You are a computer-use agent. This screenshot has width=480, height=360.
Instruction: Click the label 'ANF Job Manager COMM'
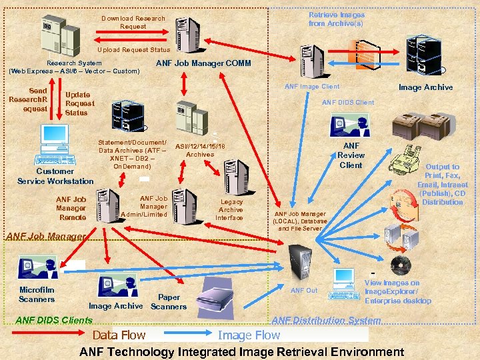click(x=203, y=63)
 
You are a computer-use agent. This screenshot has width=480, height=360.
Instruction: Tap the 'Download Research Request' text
click(x=133, y=22)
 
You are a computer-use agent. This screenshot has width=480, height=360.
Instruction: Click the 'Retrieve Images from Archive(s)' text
click(x=336, y=19)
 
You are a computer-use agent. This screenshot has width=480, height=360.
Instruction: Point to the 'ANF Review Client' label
click(x=351, y=155)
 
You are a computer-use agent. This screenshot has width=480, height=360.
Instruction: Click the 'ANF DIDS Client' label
click(x=348, y=102)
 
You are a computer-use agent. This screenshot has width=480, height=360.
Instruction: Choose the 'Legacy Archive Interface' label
click(x=231, y=209)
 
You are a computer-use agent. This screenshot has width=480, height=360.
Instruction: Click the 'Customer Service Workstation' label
click(x=55, y=176)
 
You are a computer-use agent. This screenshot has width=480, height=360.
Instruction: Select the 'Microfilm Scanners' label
click(x=37, y=295)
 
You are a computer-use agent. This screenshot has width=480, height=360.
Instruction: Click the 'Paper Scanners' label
click(x=169, y=302)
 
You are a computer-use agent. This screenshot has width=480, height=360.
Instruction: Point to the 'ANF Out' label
click(x=304, y=290)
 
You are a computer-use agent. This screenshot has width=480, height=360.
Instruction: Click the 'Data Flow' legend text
click(x=119, y=335)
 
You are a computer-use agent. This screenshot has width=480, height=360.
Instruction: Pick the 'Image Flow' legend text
click(x=249, y=335)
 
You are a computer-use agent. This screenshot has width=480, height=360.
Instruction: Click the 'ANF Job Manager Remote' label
click(x=71, y=208)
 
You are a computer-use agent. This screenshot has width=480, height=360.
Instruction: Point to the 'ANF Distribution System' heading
click(x=326, y=321)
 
